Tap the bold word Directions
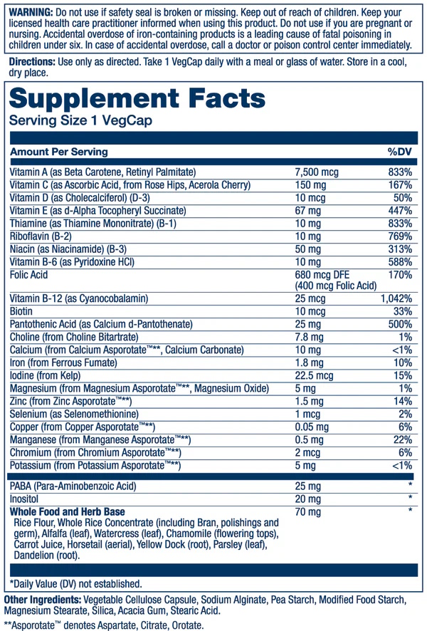(x=31, y=61)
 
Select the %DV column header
(x=399, y=152)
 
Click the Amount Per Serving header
(x=59, y=152)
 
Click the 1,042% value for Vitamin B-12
(x=396, y=300)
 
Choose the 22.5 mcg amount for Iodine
(x=314, y=376)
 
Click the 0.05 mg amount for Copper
(x=312, y=427)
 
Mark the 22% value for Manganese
(x=404, y=440)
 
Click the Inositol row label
(x=26, y=499)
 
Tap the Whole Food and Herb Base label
(x=68, y=511)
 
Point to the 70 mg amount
(x=307, y=511)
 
